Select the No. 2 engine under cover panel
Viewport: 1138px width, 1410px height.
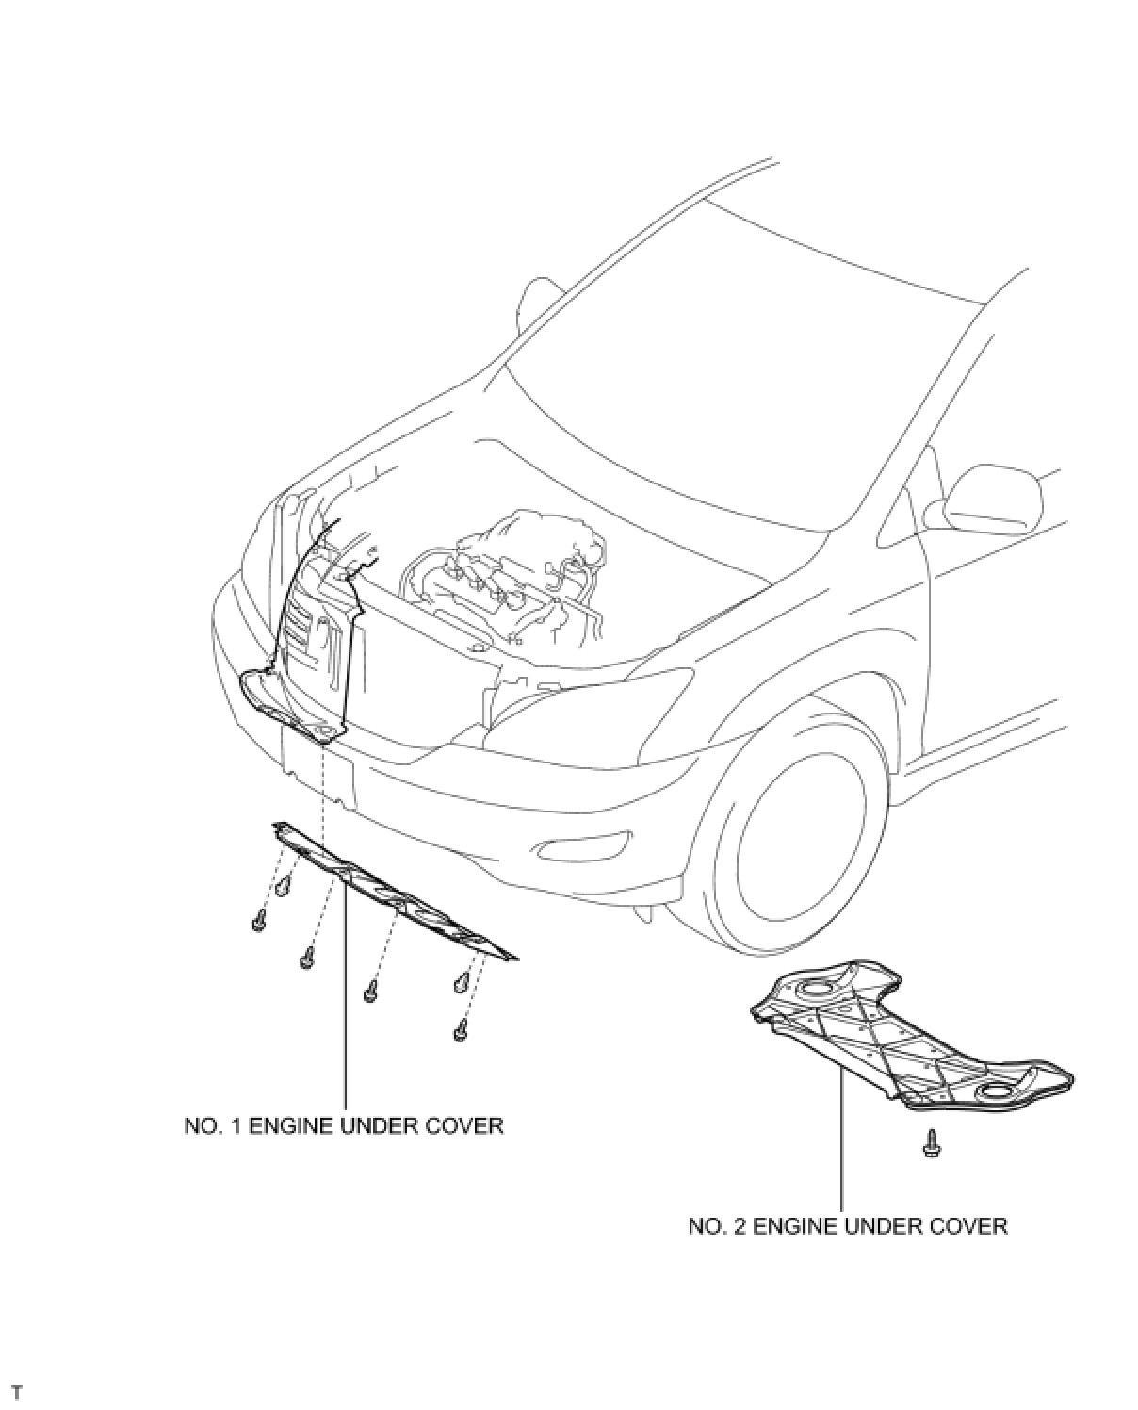pyautogui.click(x=904, y=1041)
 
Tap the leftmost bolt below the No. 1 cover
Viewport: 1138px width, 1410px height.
pyautogui.click(x=259, y=921)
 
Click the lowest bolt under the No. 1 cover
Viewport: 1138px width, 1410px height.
pyautogui.click(x=461, y=1031)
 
